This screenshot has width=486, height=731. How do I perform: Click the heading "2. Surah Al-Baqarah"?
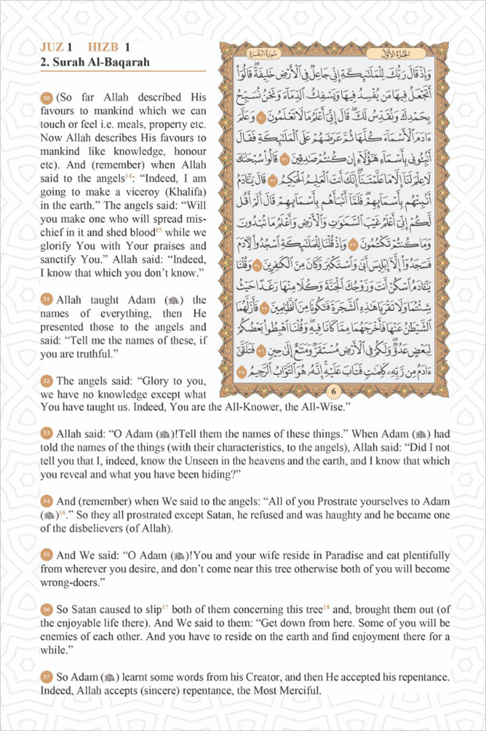pyautogui.click(x=95, y=62)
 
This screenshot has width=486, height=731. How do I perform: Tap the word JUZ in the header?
pyautogui.click(x=51, y=47)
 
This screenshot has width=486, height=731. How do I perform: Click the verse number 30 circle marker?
pyautogui.click(x=46, y=98)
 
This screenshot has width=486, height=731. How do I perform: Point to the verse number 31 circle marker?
pyautogui.click(x=46, y=300)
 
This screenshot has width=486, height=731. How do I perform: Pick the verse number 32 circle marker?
pyautogui.click(x=46, y=381)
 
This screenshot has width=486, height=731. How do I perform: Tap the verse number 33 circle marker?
pyautogui.click(x=46, y=433)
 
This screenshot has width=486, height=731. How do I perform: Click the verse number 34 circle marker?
pyautogui.click(x=46, y=502)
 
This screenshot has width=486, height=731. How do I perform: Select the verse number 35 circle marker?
pyautogui.click(x=46, y=555)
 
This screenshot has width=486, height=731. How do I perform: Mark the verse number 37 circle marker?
pyautogui.click(x=46, y=677)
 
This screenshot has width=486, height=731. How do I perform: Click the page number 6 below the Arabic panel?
pyautogui.click(x=334, y=391)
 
